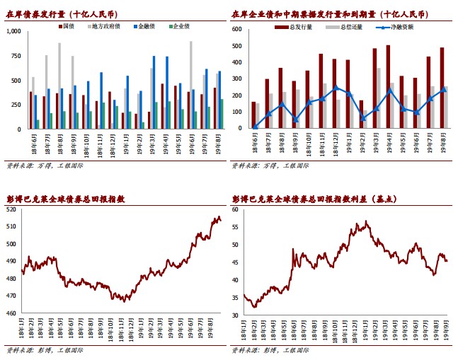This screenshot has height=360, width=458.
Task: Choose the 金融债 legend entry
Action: click(x=144, y=26)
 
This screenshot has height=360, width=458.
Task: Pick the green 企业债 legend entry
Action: click(x=180, y=26)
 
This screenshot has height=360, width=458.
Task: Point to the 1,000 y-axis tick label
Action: click(x=13, y=32)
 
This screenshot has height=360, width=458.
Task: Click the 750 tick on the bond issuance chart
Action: click(x=16, y=57)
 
